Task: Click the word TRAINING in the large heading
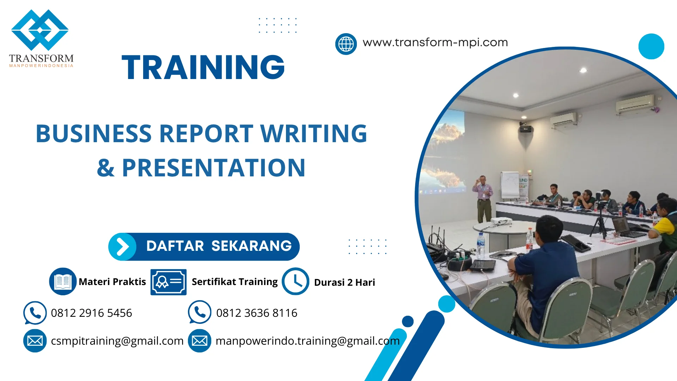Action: click(203, 67)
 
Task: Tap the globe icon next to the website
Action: click(346, 44)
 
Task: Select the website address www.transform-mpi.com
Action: click(435, 43)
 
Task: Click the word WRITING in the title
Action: click(313, 134)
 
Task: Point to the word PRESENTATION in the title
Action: click(213, 168)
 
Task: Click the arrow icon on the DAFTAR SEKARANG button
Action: click(122, 247)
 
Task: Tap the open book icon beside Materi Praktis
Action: click(63, 281)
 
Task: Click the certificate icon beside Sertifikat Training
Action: click(168, 282)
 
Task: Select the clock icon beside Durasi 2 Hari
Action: click(295, 281)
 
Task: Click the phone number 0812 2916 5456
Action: click(91, 313)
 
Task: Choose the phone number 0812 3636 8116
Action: click(256, 313)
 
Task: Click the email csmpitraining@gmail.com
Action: click(117, 341)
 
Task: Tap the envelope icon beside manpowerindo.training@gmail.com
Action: click(200, 341)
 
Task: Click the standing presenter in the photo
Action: click(483, 198)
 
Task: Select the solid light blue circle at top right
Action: click(651, 46)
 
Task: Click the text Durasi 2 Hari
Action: click(344, 282)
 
